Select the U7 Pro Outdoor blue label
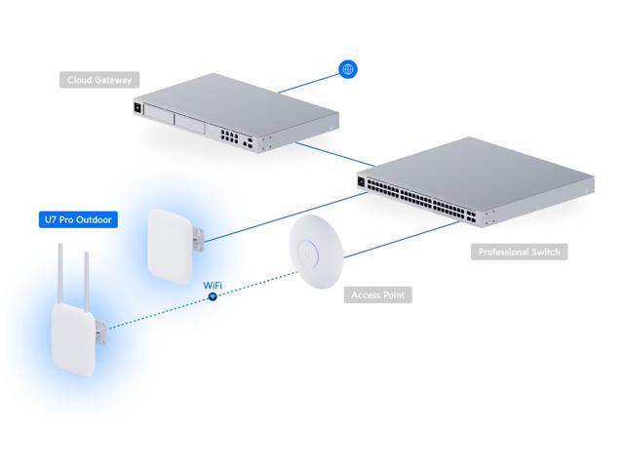click(78, 220)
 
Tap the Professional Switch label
click(520, 252)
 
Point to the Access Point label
click(377, 293)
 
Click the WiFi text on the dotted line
click(212, 285)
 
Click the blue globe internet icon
click(347, 68)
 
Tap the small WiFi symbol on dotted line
click(212, 296)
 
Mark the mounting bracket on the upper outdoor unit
click(198, 235)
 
